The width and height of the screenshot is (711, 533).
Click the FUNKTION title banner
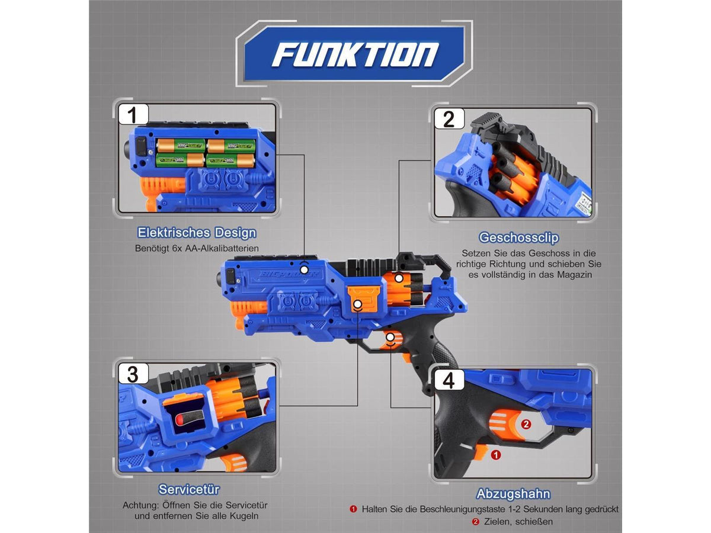[x=355, y=53]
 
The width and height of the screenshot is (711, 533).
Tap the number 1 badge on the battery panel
[x=133, y=114]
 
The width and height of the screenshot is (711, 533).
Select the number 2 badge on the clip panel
[x=449, y=119]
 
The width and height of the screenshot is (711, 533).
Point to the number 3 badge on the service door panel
[x=133, y=374]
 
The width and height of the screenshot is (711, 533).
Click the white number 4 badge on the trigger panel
[x=449, y=379]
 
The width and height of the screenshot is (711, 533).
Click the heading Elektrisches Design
[x=197, y=233]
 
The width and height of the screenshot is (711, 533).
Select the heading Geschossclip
[x=519, y=237]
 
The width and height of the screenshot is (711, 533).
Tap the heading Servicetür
[x=189, y=489]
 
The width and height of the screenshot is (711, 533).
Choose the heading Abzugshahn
[x=513, y=494]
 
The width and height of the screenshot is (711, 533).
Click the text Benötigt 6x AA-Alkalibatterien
[x=197, y=249]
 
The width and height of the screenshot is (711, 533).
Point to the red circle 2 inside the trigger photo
[x=526, y=424]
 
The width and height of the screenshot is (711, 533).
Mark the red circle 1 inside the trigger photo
[x=495, y=455]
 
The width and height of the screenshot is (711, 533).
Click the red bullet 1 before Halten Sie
[x=353, y=509]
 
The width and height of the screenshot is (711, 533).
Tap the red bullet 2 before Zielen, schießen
[x=475, y=522]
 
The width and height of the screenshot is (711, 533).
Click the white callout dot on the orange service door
[x=358, y=304]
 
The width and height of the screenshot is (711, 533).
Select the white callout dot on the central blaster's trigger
[x=390, y=338]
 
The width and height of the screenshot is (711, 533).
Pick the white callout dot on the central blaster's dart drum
[x=399, y=278]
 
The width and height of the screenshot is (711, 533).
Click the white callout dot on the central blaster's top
[x=304, y=269]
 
